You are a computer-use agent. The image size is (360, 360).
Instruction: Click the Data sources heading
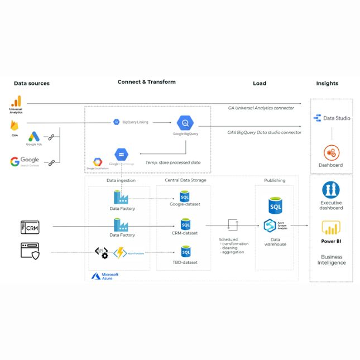[x=31, y=83]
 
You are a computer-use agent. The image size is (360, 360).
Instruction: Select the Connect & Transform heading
[x=146, y=81]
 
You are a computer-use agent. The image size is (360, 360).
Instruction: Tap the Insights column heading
[x=327, y=83]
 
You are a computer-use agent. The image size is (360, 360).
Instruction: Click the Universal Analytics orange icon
[x=16, y=102]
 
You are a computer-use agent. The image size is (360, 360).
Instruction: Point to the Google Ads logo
[x=34, y=136]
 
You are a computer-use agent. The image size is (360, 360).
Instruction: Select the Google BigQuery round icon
[x=185, y=122]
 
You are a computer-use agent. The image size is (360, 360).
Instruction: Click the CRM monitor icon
[x=30, y=227]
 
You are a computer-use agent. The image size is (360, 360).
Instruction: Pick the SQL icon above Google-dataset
[x=185, y=196]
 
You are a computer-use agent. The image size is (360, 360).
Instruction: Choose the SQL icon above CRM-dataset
[x=185, y=224]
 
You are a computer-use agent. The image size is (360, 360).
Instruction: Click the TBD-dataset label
[x=184, y=262]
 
